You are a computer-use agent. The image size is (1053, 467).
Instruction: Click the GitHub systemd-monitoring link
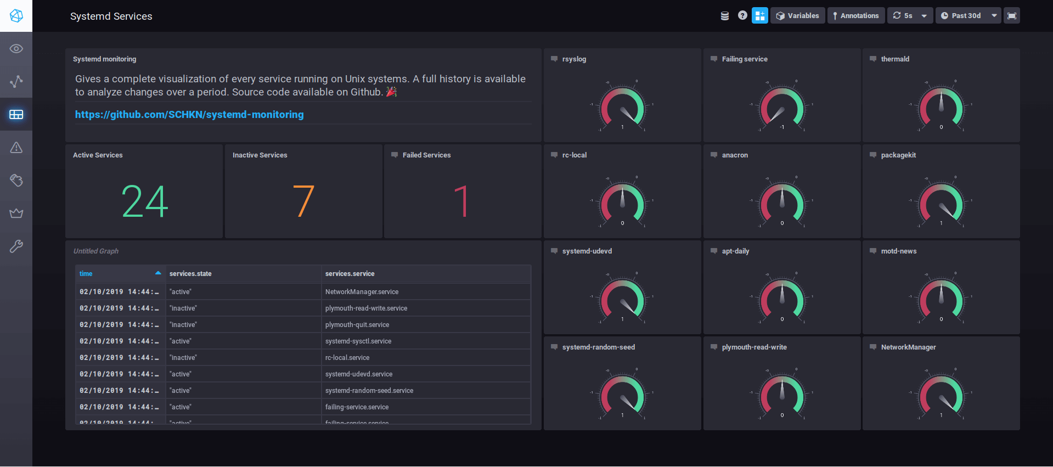[189, 114]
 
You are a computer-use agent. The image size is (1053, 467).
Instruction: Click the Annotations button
[855, 16]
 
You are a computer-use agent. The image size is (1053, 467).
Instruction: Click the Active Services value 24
[144, 201]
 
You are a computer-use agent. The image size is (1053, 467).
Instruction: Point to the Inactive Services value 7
[303, 201]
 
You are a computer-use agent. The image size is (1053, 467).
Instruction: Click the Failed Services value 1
[462, 201]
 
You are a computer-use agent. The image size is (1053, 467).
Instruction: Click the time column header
[86, 274]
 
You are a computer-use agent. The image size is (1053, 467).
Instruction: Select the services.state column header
[190, 274]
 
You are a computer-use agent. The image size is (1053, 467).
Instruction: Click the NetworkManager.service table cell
[362, 292]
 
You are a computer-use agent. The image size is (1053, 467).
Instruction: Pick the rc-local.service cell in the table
[347, 358]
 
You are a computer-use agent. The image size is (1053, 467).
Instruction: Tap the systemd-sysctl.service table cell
[358, 341]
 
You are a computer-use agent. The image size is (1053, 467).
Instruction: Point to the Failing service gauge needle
[777, 114]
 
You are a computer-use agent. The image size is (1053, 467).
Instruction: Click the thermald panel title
[895, 59]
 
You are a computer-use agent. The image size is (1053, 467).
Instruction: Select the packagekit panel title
[898, 155]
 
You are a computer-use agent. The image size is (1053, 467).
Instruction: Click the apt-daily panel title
[735, 251]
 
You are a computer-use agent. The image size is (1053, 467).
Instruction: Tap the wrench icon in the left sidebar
[16, 246]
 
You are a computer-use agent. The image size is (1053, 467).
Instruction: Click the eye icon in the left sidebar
[16, 49]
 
